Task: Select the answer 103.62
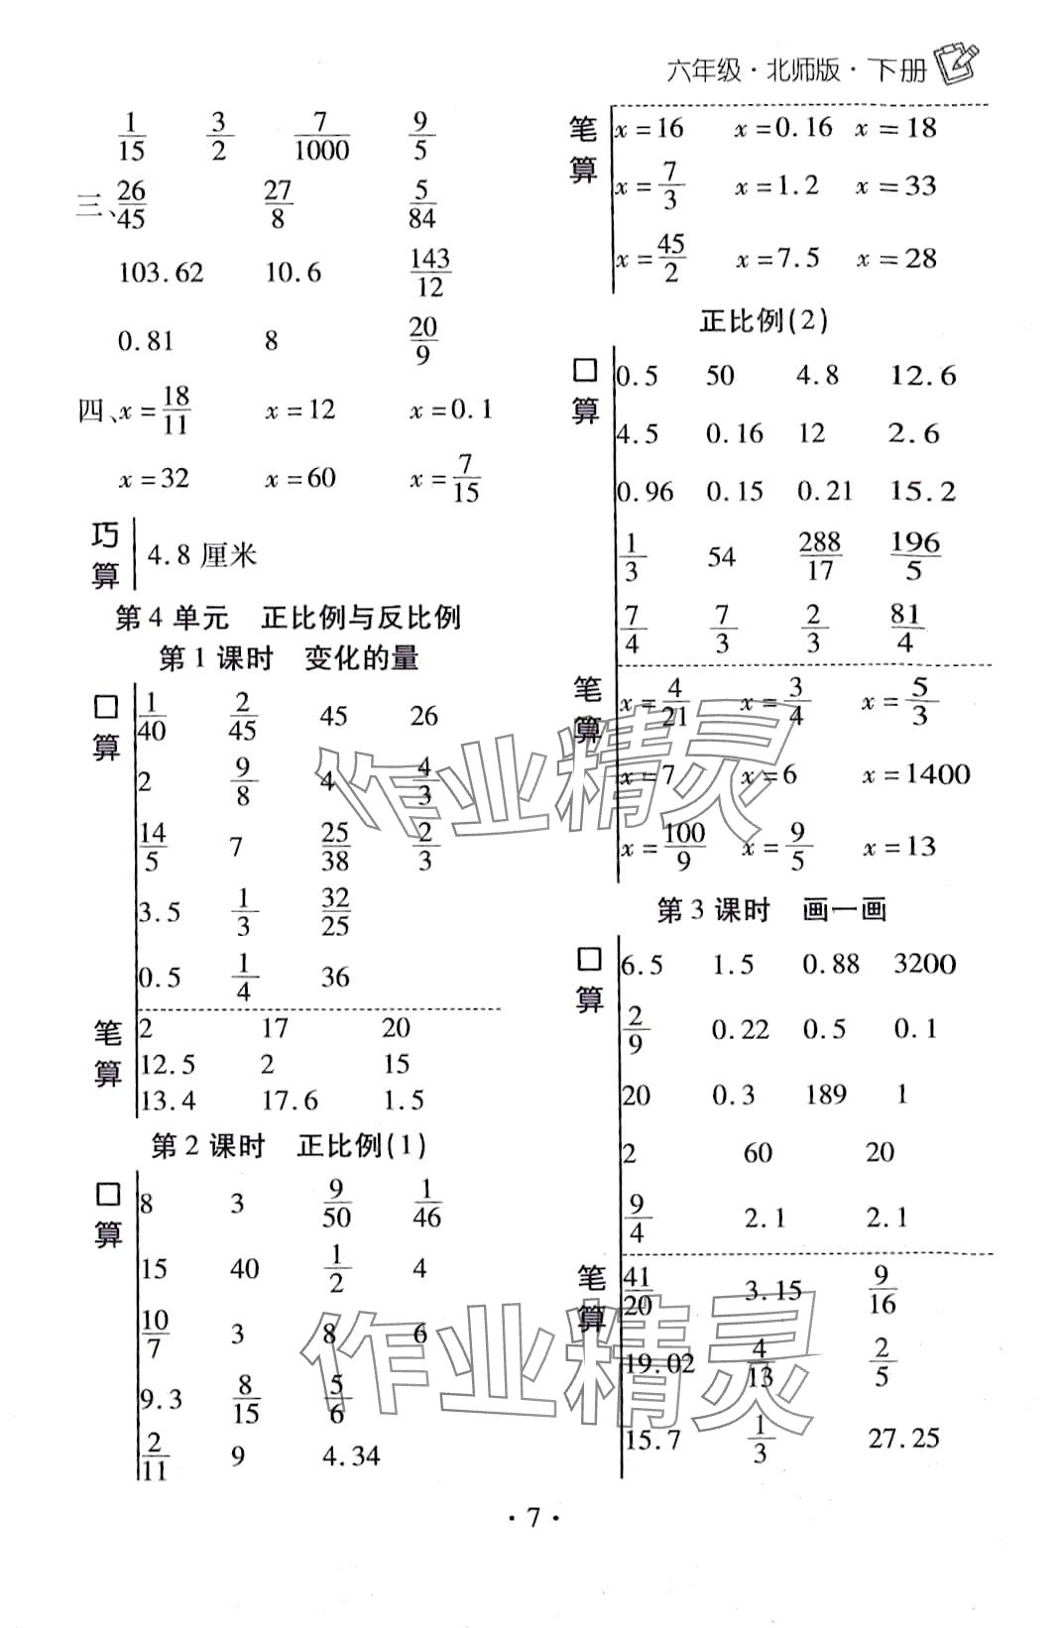[x=161, y=273]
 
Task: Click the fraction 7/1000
[x=321, y=137]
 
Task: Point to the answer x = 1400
[x=915, y=774]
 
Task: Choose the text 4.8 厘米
[x=201, y=554]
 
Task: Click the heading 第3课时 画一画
[x=770, y=910]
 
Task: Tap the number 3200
[x=924, y=964]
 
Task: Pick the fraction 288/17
[x=820, y=556]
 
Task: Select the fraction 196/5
[x=914, y=556]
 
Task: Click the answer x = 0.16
[x=782, y=127]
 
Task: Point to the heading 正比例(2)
[x=764, y=320]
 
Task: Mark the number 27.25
[x=903, y=1438]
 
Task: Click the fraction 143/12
[x=429, y=273]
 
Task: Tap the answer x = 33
[x=895, y=186]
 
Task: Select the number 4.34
[x=351, y=1456]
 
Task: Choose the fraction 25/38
[x=335, y=847]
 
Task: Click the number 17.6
[x=290, y=1100]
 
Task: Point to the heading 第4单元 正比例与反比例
[x=288, y=618]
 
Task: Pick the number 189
[x=825, y=1095]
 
